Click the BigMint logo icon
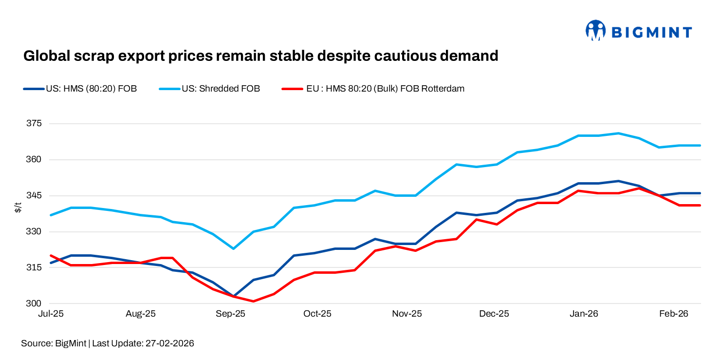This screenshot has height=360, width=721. click(x=595, y=31)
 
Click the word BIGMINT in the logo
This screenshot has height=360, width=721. click(x=651, y=33)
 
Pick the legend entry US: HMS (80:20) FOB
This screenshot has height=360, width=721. click(x=91, y=89)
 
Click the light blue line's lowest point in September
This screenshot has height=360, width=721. click(x=234, y=248)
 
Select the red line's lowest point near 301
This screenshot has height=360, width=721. click(x=254, y=301)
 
